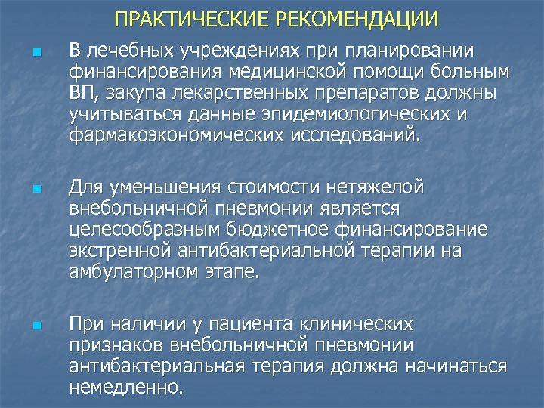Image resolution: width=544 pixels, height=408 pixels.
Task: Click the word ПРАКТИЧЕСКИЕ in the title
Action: pos(181,18)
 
